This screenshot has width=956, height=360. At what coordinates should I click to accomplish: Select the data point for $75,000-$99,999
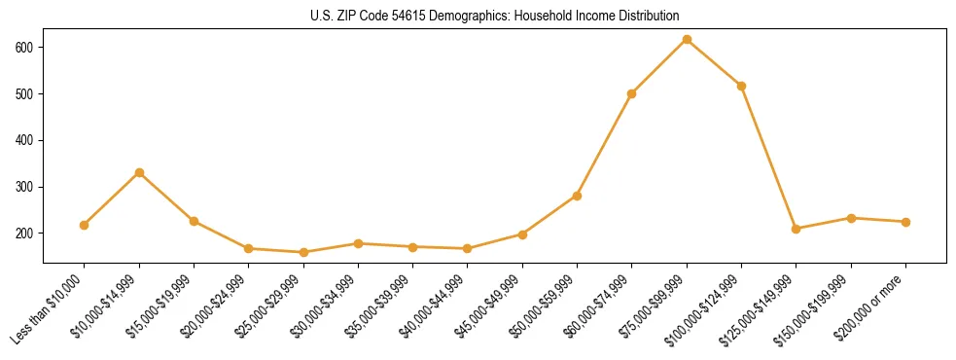point(687,40)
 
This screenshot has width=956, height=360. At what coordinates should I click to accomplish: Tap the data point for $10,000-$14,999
point(139,172)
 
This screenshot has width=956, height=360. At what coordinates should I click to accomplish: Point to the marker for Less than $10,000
point(85,225)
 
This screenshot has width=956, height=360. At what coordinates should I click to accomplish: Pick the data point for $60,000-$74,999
point(632,93)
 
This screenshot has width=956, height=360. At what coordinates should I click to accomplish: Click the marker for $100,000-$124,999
point(742,86)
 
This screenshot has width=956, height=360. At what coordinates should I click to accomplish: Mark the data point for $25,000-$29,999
point(303,252)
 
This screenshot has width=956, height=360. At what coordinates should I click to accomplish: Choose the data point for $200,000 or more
point(906,222)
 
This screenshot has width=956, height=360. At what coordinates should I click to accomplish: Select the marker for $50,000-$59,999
point(578,196)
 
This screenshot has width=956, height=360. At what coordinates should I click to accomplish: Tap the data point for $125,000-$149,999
point(797,229)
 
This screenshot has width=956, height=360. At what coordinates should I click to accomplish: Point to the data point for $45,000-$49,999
point(522,234)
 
